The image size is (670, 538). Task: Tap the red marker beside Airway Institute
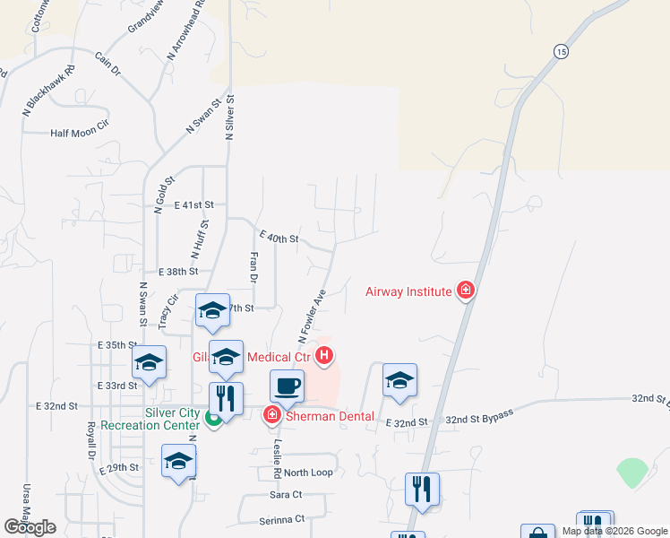465,291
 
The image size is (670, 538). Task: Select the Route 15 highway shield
560,52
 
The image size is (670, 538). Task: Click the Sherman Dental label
319,415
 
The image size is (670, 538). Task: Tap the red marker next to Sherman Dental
271,415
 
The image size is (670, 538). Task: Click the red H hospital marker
324,357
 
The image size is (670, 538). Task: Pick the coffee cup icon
287,386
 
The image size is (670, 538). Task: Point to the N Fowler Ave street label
310,316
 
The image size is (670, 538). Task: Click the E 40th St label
278,238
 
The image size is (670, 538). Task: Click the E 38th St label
177,271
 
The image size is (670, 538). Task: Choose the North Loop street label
309,473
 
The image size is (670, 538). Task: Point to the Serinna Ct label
281,518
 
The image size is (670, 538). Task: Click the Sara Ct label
286,494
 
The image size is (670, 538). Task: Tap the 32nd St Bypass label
480,416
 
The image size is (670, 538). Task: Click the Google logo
29,527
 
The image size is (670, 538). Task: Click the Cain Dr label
107,64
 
